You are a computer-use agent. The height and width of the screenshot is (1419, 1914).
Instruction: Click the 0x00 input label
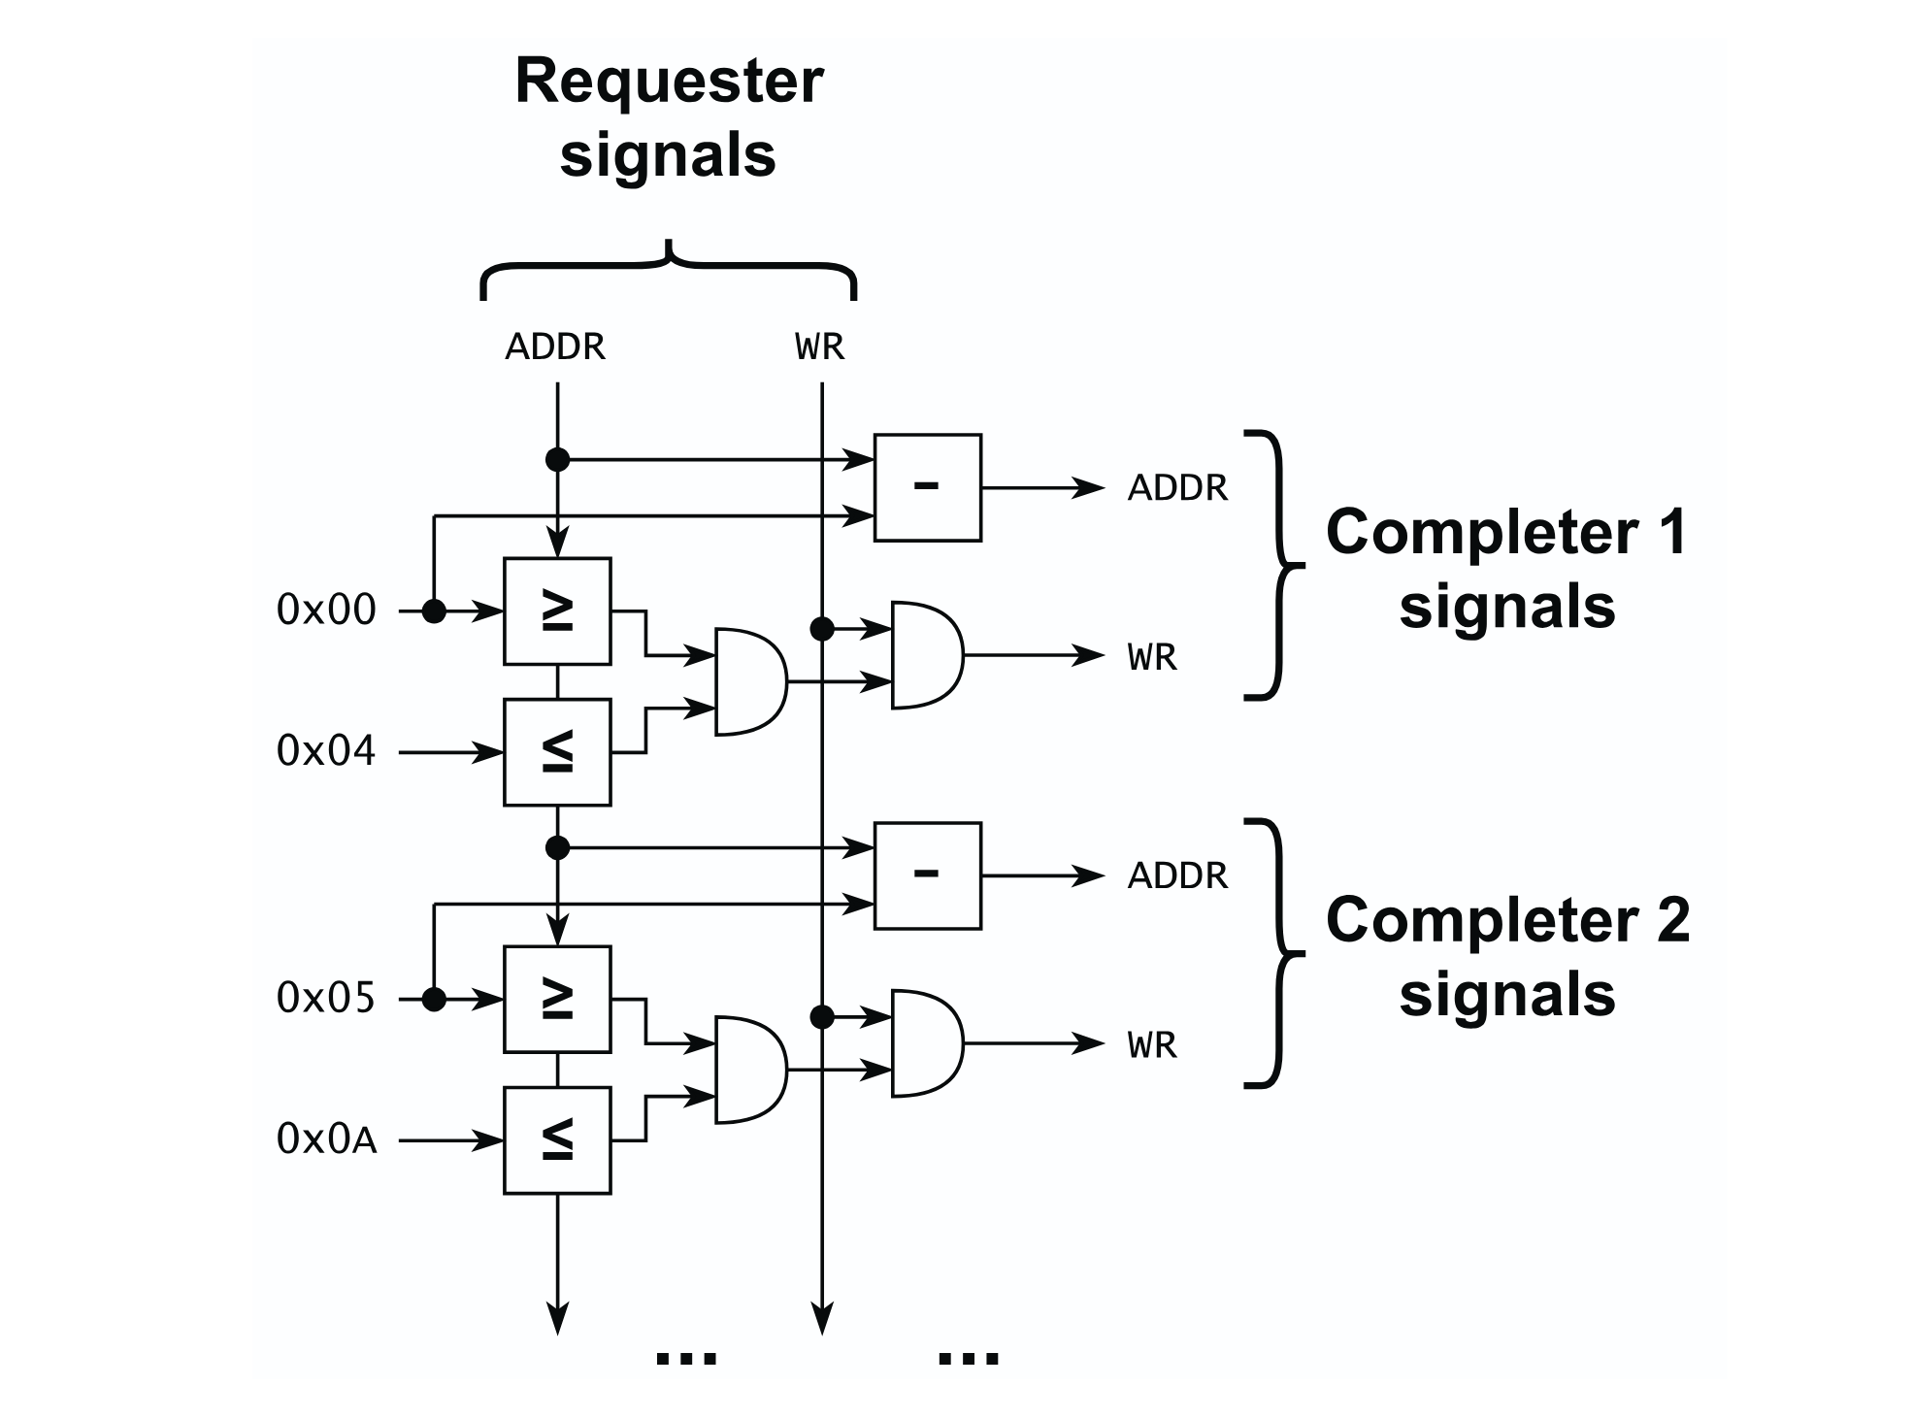pyautogui.click(x=326, y=610)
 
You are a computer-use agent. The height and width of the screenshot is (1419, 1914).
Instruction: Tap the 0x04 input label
pyautogui.click(x=326, y=751)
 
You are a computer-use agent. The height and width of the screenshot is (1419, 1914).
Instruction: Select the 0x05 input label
pyautogui.click(x=326, y=999)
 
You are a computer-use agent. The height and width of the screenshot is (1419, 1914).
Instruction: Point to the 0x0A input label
pyautogui.click(x=326, y=1139)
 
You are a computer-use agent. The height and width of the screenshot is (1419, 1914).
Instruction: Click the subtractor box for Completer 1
pyautogui.click(x=927, y=487)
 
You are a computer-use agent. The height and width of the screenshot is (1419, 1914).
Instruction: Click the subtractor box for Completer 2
pyautogui.click(x=927, y=875)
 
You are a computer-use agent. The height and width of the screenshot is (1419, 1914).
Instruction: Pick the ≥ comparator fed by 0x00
pyautogui.click(x=557, y=611)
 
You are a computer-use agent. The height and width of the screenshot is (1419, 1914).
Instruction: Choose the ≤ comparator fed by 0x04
pyautogui.click(x=557, y=752)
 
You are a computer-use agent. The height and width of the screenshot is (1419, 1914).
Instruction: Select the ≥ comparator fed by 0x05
pyautogui.click(x=557, y=1000)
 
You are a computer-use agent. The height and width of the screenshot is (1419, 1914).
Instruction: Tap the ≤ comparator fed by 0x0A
pyautogui.click(x=557, y=1140)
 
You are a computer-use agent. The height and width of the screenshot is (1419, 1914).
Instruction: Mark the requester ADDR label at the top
pyautogui.click(x=555, y=346)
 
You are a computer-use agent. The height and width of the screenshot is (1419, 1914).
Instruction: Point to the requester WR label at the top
pyautogui.click(x=820, y=346)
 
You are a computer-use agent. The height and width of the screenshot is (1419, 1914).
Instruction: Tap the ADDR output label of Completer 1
pyautogui.click(x=1177, y=487)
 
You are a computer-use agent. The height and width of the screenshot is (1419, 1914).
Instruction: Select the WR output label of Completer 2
pyautogui.click(x=1152, y=1045)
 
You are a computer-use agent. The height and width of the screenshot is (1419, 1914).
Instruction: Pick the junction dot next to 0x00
pyautogui.click(x=434, y=611)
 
